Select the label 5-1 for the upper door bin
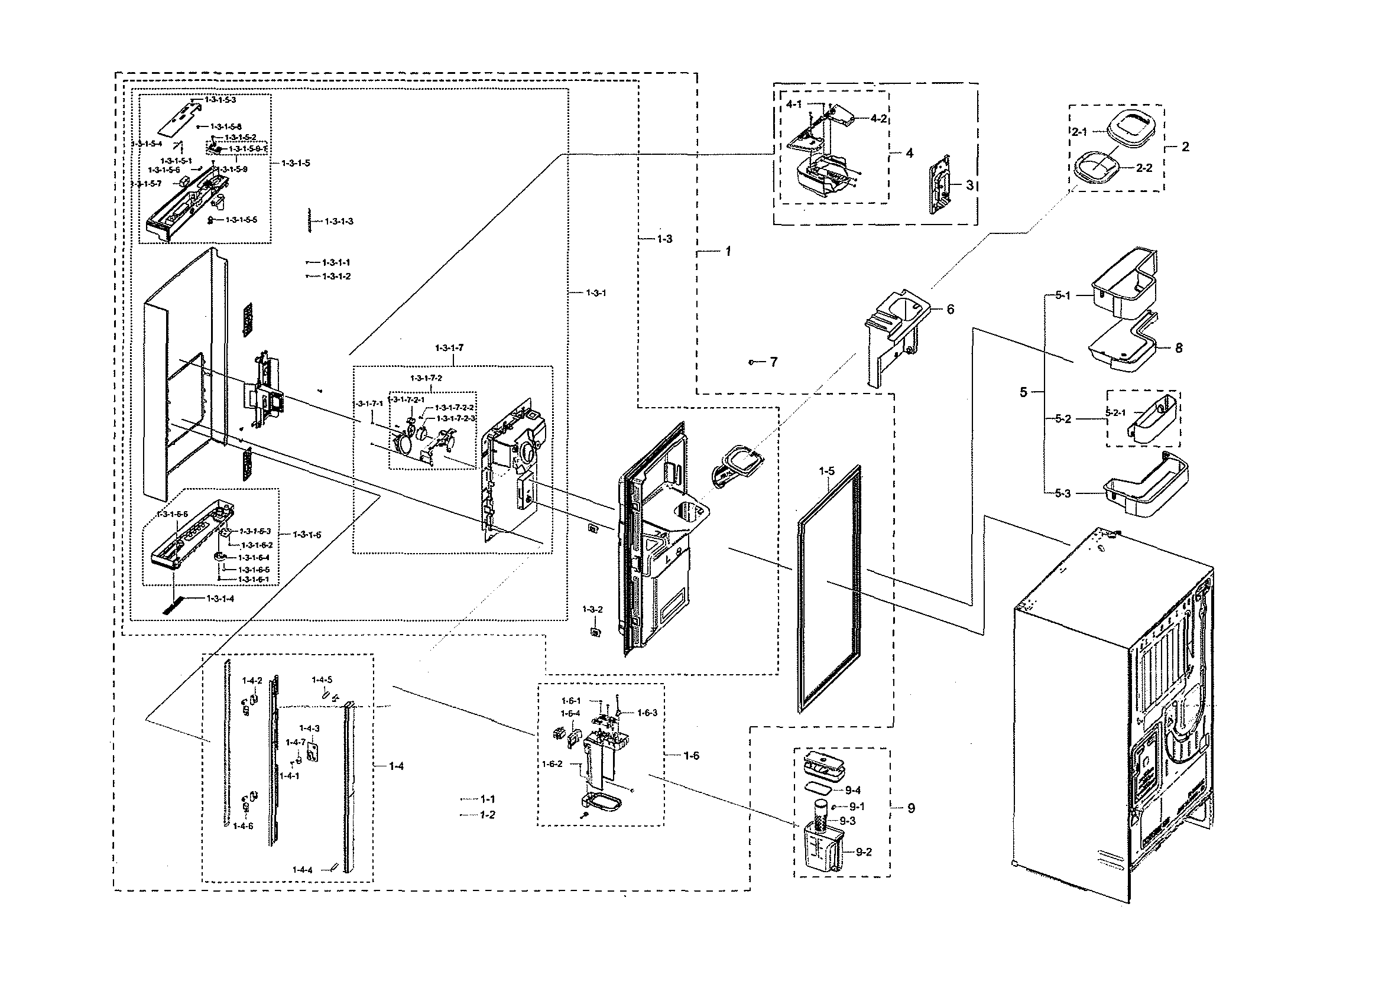tap(1062, 295)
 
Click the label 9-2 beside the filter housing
tap(863, 851)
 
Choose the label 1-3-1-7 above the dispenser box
tap(449, 347)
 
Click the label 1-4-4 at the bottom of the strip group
tap(302, 870)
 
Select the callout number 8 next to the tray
tap(1178, 348)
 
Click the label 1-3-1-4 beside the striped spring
tap(220, 599)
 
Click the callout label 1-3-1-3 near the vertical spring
tap(339, 222)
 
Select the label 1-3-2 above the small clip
tap(592, 609)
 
